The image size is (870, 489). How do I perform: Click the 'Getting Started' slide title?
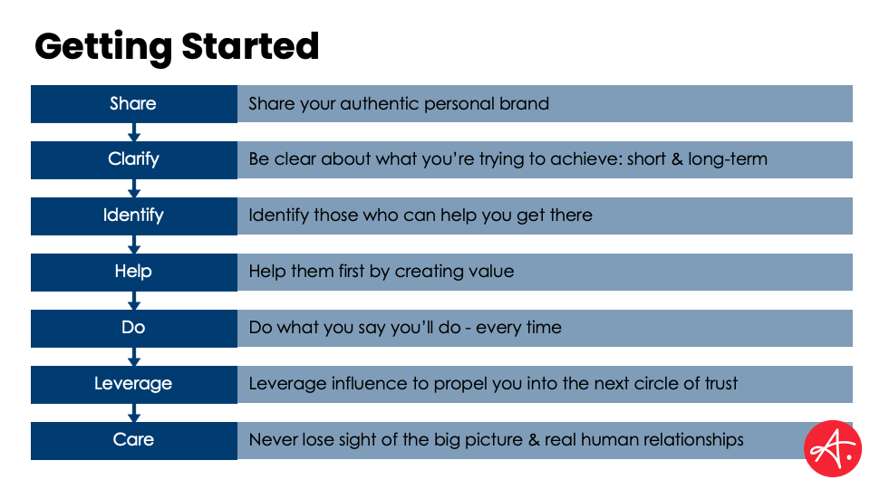click(x=177, y=47)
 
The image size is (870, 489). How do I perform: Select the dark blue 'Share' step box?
click(x=134, y=103)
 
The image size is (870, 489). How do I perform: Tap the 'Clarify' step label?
click(x=134, y=159)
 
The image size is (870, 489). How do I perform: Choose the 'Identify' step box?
click(x=134, y=216)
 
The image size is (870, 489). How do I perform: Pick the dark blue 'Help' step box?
click(x=134, y=272)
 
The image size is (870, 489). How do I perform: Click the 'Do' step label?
click(x=134, y=327)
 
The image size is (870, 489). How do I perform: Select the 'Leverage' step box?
click(x=134, y=384)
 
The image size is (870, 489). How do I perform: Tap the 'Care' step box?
click(x=134, y=440)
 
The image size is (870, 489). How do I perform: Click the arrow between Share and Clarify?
click(x=134, y=132)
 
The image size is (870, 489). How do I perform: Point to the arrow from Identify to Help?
click(x=134, y=244)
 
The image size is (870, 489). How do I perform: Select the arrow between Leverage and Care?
click(x=134, y=413)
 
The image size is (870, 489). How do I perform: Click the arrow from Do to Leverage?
click(x=134, y=357)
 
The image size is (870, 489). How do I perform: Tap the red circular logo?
click(x=832, y=448)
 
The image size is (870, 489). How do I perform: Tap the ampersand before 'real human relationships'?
click(x=534, y=440)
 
